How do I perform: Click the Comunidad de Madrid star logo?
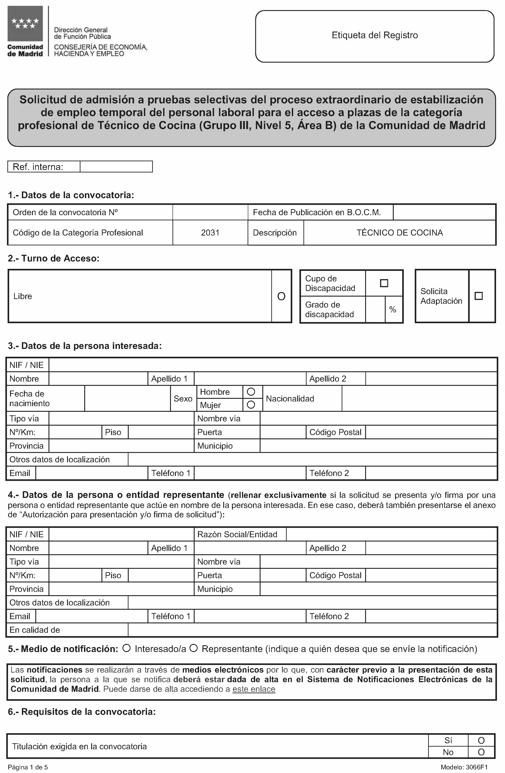(25, 23)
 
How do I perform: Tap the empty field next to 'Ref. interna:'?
(116, 167)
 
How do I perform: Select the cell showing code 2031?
(210, 233)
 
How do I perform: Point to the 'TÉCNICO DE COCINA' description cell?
(400, 233)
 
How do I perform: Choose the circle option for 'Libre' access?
(281, 296)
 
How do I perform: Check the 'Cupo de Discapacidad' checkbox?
(384, 283)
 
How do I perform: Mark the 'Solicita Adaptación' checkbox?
(478, 296)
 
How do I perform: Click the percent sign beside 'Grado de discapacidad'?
(393, 310)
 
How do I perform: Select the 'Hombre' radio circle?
(251, 392)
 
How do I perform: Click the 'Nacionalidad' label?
(290, 399)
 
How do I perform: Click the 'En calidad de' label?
(35, 630)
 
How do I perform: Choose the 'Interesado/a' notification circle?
(126, 648)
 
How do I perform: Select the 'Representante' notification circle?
(194, 648)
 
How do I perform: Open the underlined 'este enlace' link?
(254, 689)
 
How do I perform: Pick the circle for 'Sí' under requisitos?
(481, 740)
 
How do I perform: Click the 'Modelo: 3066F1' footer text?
(464, 767)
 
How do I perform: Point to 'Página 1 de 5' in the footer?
(28, 767)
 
